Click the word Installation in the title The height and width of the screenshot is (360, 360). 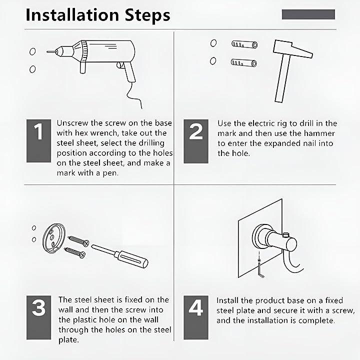point(72,15)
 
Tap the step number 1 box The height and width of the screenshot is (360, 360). point(38,140)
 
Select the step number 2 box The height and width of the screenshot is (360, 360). point(196,141)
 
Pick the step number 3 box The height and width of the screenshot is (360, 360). point(38,317)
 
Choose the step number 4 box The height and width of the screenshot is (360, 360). point(196,317)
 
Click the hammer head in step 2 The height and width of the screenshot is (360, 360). point(292,49)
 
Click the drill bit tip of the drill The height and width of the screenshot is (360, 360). point(47,52)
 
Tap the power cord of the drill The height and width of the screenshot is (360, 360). point(134,95)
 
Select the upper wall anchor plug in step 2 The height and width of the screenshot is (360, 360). point(244,44)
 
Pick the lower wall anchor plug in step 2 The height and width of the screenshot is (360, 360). point(244,62)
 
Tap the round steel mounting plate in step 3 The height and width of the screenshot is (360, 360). point(54,238)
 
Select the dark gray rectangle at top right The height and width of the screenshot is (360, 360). point(308,14)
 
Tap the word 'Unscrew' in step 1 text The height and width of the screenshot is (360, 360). point(72,123)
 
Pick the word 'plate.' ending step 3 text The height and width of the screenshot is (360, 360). point(68,340)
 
